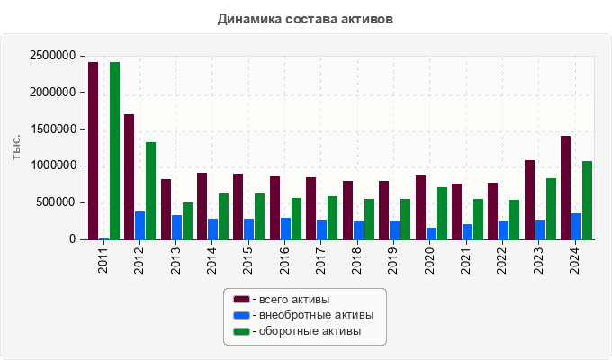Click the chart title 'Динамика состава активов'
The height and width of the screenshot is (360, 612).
(x=305, y=18)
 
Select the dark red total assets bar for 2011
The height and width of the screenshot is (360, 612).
(x=94, y=150)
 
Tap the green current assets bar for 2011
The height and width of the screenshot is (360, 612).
(x=115, y=150)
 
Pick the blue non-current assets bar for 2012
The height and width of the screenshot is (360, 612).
(x=140, y=226)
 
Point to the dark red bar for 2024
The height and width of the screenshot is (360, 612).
(x=566, y=187)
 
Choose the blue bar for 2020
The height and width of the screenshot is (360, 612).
(x=431, y=233)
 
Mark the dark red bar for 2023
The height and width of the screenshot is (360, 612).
(x=530, y=200)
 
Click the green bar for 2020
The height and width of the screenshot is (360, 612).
(x=442, y=213)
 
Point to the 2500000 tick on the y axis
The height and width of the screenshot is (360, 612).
(x=50, y=56)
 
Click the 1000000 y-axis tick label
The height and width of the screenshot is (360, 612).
(x=50, y=166)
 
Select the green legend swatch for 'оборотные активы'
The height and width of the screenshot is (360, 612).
(x=241, y=332)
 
